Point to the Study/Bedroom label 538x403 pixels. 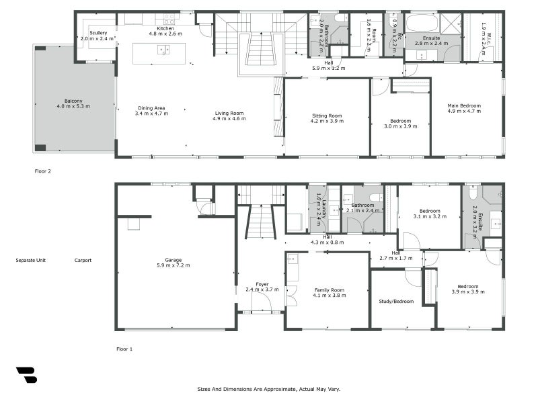coord(396,302)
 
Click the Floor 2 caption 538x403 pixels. coord(43,171)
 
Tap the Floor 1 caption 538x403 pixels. coord(124,349)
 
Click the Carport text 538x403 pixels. coord(83,261)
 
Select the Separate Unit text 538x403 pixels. coord(31,261)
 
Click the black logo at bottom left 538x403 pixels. coord(26,375)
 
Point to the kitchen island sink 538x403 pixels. coord(163,50)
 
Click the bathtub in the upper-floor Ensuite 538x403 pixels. coord(422,22)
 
